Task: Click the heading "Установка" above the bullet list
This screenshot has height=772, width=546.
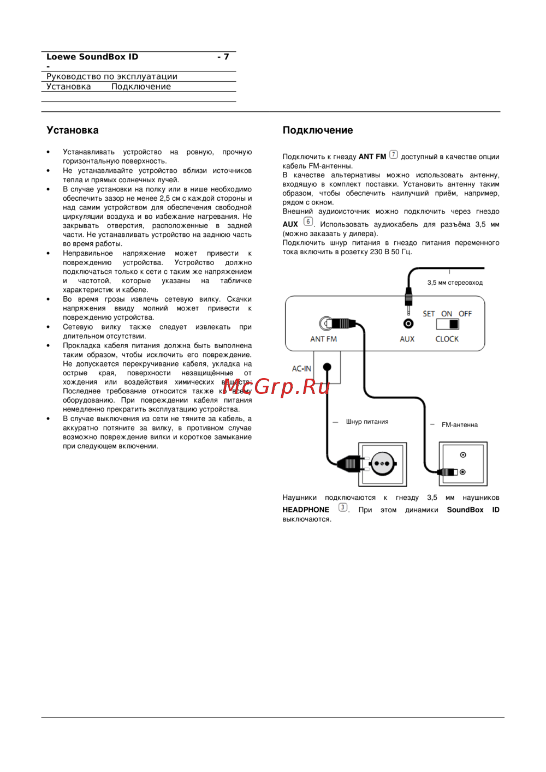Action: (73, 130)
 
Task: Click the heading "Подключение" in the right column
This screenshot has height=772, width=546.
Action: (317, 130)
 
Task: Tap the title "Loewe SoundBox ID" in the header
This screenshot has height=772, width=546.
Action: (92, 57)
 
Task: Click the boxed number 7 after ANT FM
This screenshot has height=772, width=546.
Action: (394, 155)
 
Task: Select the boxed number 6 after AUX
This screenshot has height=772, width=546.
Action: (308, 222)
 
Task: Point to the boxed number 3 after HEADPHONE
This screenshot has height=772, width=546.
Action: (342, 507)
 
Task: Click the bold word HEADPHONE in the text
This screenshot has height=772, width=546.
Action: (306, 510)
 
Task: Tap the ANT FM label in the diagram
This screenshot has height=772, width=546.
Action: (323, 339)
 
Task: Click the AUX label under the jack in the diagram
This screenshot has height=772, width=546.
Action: (407, 339)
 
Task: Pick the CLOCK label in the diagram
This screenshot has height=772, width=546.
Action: (447, 339)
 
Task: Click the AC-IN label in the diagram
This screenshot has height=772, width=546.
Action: (301, 369)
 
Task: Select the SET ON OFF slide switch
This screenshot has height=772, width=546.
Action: (448, 324)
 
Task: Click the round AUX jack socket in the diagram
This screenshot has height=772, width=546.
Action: (408, 324)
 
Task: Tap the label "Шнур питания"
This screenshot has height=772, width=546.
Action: (367, 422)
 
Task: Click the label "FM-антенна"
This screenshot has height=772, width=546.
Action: (459, 425)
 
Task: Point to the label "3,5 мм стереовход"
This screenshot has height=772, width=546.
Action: (455, 283)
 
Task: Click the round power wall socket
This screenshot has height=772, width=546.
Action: (382, 464)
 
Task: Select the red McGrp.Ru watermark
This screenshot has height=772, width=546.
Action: (276, 386)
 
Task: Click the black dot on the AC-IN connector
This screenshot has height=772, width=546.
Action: (327, 367)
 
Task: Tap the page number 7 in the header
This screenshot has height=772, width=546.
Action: (226, 57)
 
